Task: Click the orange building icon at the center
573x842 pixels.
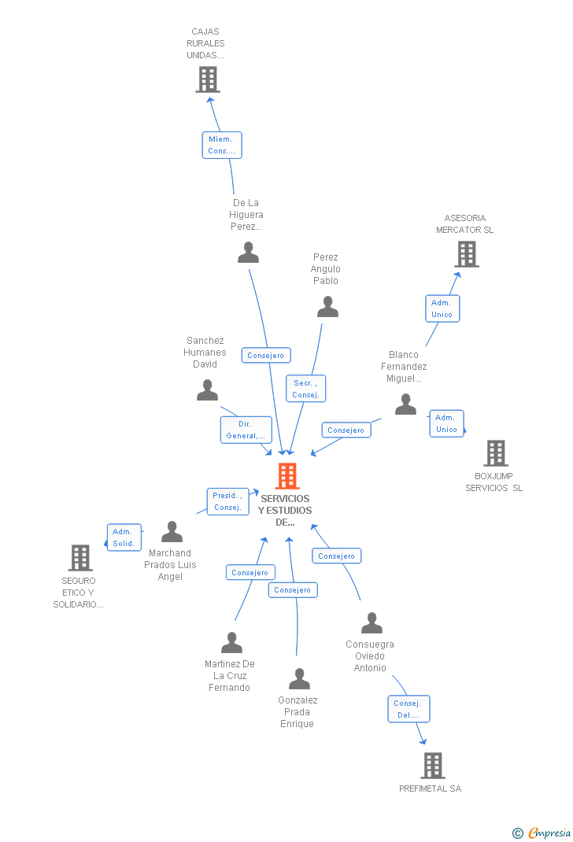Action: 287,476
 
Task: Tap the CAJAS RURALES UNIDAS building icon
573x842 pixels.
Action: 208,79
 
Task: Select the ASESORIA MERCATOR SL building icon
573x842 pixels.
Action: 467,254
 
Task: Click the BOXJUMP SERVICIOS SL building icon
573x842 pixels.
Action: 496,453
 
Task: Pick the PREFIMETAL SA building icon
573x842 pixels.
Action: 432,765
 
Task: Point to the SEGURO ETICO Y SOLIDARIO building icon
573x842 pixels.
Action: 80,558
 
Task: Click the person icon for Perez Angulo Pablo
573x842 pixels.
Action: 327,307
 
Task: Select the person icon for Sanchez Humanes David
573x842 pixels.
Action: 207,390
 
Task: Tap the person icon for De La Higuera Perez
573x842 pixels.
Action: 249,253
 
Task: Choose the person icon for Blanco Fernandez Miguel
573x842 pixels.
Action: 405,404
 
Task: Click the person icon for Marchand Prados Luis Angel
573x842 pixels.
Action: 172,532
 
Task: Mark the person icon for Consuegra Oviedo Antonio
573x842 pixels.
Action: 372,623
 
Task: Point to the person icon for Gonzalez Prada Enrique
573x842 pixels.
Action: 299,678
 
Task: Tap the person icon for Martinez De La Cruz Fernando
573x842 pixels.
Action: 231,643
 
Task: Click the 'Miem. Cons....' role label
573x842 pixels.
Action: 222,145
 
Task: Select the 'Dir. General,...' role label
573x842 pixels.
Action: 246,430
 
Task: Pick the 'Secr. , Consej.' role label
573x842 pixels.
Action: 305,389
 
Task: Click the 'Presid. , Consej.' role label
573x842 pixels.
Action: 228,501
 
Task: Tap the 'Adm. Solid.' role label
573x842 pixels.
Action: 124,537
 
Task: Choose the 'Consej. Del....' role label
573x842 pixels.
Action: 408,709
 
